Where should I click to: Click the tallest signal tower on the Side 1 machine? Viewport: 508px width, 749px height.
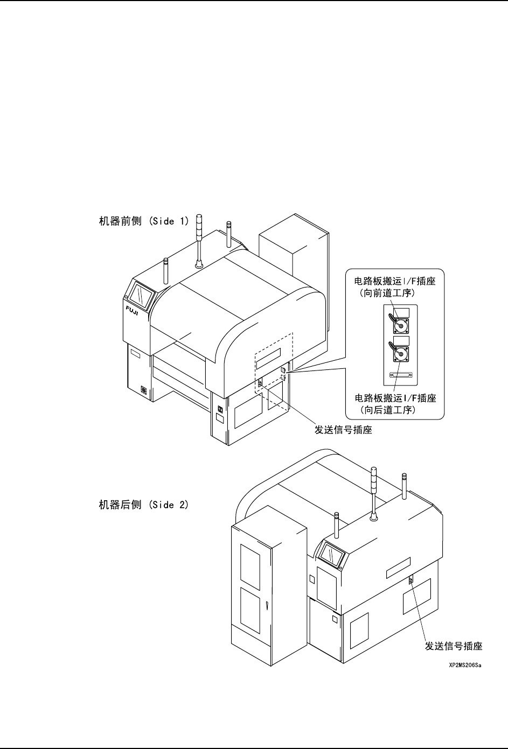pos(199,237)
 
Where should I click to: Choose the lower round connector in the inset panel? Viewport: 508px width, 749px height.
pos(400,354)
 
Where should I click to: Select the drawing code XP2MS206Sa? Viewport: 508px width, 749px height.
pos(465,666)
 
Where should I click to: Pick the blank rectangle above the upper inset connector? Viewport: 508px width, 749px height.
pos(401,312)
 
